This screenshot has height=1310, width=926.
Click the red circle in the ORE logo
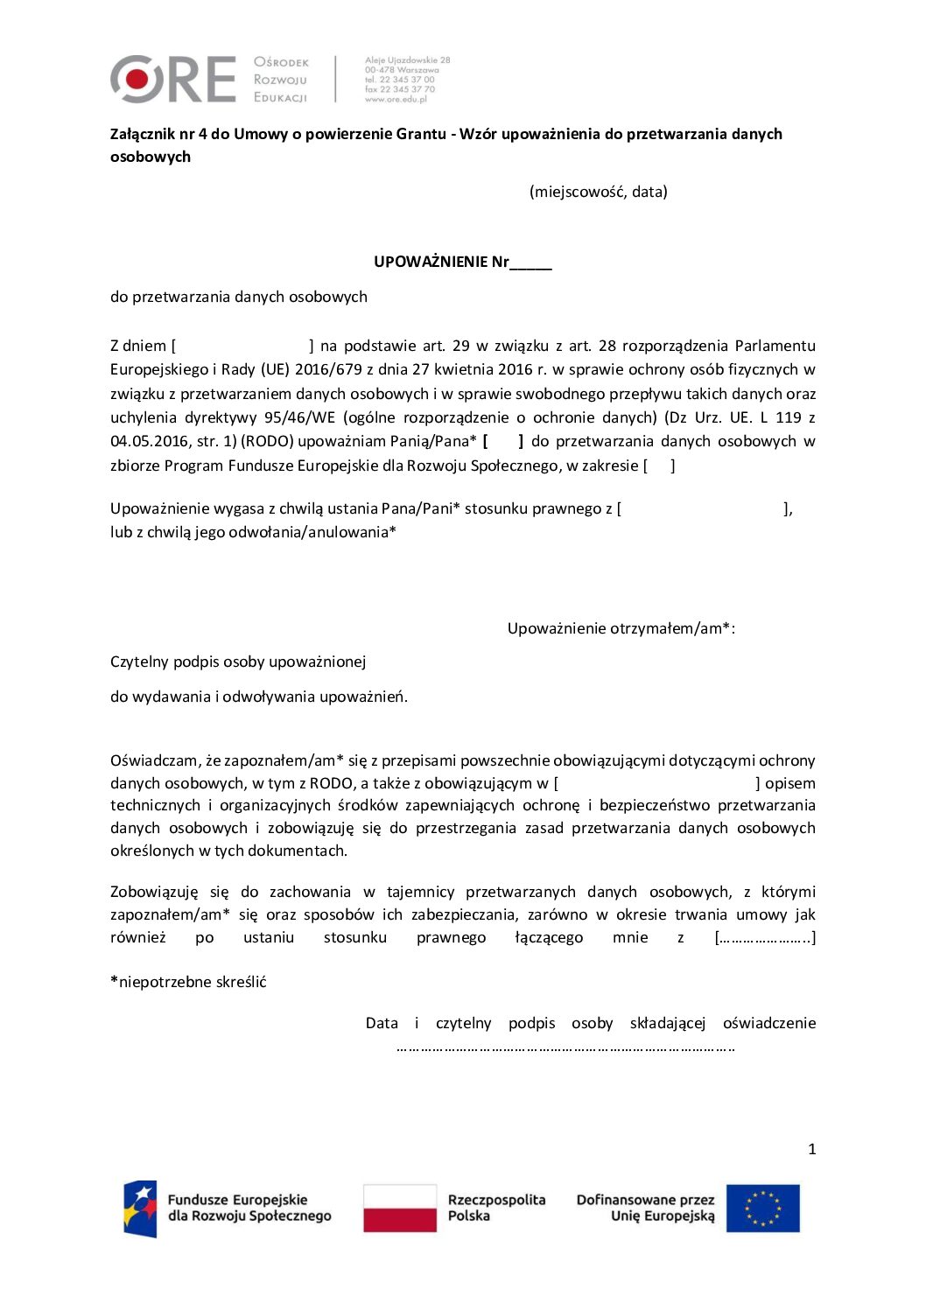pos(137,79)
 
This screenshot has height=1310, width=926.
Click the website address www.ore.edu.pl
pos(396,99)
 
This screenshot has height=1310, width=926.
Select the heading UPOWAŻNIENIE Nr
pos(462,262)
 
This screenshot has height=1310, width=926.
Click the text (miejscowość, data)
pos(598,192)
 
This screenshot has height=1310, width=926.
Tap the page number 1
pos(811,1149)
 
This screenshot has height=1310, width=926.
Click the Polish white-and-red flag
pos(400,1208)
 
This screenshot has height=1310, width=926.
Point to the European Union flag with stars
pos(762,1208)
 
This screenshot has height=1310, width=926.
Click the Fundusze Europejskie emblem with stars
pos(140,1208)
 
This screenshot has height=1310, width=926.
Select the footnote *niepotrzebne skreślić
pos(188,982)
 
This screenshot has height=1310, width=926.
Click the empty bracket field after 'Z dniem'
pos(242,346)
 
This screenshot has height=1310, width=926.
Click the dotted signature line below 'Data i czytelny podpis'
pos(565,1047)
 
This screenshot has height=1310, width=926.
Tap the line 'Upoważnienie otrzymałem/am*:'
pos(621,628)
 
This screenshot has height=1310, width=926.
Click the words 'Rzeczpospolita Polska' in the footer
pos(495,1208)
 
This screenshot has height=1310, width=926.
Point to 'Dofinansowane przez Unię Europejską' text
pos(645,1208)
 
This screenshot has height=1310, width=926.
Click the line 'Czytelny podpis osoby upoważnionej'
pos(238,662)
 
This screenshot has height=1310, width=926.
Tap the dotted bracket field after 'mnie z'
pos(765,937)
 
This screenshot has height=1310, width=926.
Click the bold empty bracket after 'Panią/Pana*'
pos(502,441)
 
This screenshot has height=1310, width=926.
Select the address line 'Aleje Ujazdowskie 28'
pos(407,60)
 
